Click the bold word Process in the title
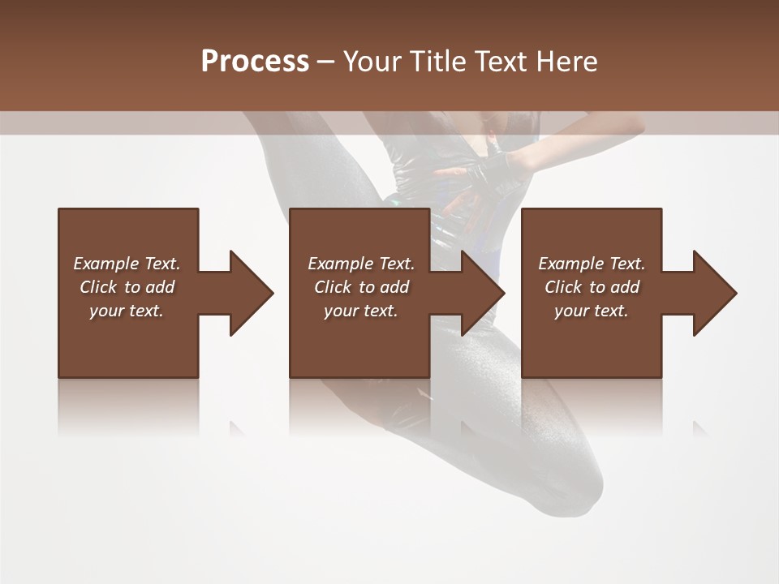click(x=255, y=62)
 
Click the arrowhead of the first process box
click(x=252, y=293)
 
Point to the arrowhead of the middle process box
click(x=483, y=293)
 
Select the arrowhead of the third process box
click(x=715, y=293)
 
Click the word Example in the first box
click(x=106, y=264)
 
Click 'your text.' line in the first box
click(x=127, y=311)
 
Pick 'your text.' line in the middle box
click(x=361, y=311)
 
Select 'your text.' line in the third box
click(x=592, y=311)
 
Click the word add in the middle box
click(x=394, y=287)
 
